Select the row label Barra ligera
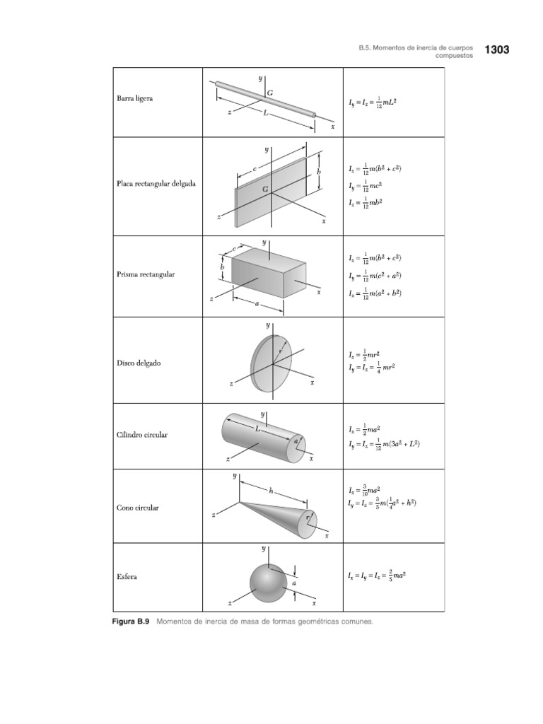coord(134,98)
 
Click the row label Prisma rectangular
coord(145,274)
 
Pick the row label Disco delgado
coord(139,363)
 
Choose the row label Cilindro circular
coord(142,435)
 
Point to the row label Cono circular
coord(137,508)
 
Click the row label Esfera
coord(127,577)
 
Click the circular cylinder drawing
coord(262,437)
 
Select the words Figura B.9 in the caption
coord(132,621)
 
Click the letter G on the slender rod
coord(270,93)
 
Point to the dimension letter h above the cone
coord(271,489)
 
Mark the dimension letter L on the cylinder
coord(259,428)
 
